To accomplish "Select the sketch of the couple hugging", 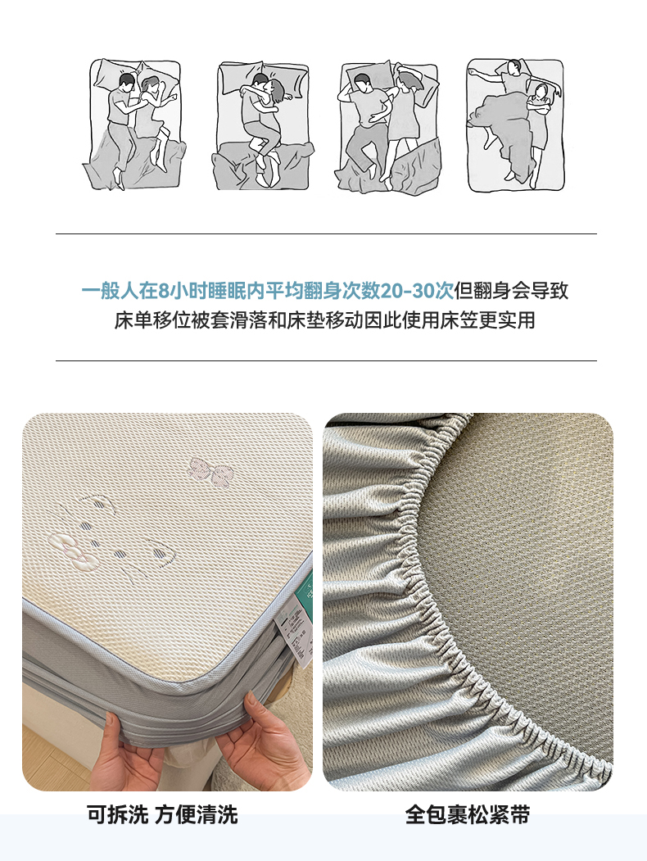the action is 262,125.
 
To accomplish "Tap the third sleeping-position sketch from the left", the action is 388,127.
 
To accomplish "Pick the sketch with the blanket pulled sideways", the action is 515,125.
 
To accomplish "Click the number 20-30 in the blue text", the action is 416,291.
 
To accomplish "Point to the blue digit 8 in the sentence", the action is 163,291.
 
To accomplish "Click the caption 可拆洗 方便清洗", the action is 162,815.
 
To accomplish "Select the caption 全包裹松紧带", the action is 468,815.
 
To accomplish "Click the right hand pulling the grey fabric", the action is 265,741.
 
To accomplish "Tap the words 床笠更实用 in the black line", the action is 487,320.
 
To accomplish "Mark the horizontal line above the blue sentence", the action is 326,234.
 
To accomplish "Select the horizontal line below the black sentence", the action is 326,360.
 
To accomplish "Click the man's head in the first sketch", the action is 126,82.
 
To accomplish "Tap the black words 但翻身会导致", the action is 511,291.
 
